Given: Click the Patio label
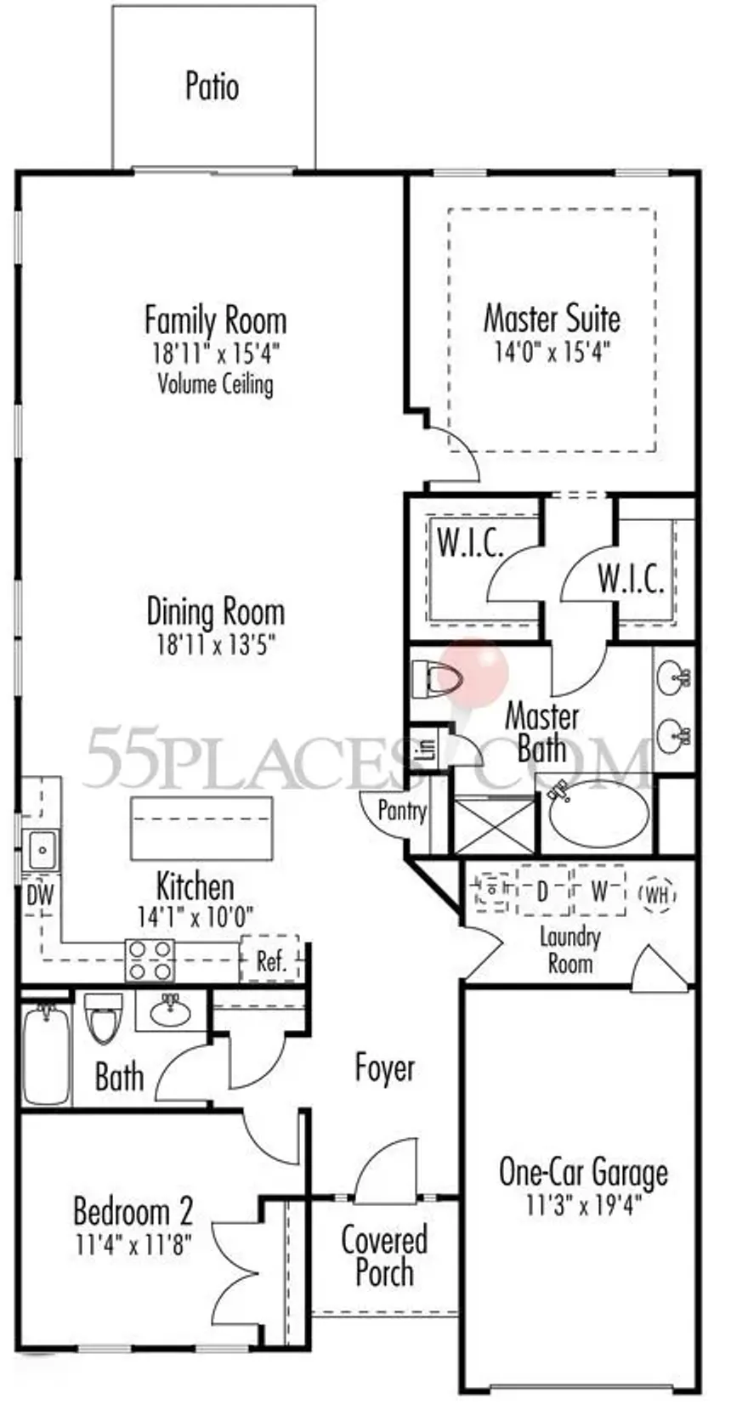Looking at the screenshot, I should [212, 87].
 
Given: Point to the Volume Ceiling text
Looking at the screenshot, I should [215, 384].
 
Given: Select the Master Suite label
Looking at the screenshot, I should [552, 319].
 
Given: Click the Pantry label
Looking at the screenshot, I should [401, 810].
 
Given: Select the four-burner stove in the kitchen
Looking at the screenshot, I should [150, 960].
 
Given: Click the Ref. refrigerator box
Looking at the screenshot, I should [270, 960].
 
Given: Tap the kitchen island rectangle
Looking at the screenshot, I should [201, 828].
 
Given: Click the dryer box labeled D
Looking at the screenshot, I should [542, 891].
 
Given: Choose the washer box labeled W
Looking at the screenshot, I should [599, 891].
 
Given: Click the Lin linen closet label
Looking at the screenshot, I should [428, 748].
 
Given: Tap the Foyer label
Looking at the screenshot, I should [385, 1068].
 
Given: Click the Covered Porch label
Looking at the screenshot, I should [384, 1255].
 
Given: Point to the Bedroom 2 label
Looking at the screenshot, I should [133, 1210].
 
